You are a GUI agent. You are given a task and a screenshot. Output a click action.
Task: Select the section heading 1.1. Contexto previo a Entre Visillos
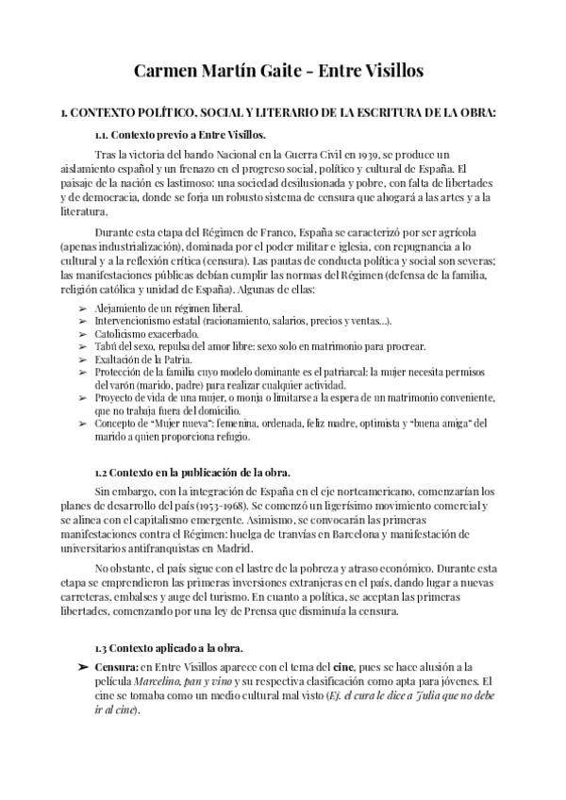(x=179, y=135)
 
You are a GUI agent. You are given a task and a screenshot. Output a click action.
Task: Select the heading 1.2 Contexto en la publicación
(x=192, y=472)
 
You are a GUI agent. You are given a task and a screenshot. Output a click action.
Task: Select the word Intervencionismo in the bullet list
(x=137, y=321)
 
